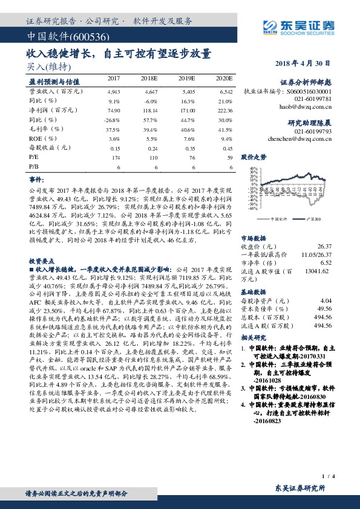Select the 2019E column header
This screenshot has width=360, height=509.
[186, 79]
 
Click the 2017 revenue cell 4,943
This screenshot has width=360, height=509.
[114, 90]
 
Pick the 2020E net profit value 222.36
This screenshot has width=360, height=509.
[223, 111]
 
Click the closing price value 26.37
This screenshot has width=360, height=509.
[325, 246]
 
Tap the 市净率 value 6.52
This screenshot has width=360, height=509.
[326, 263]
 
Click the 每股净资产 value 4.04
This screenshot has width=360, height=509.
[326, 300]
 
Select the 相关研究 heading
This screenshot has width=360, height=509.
[254, 337]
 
